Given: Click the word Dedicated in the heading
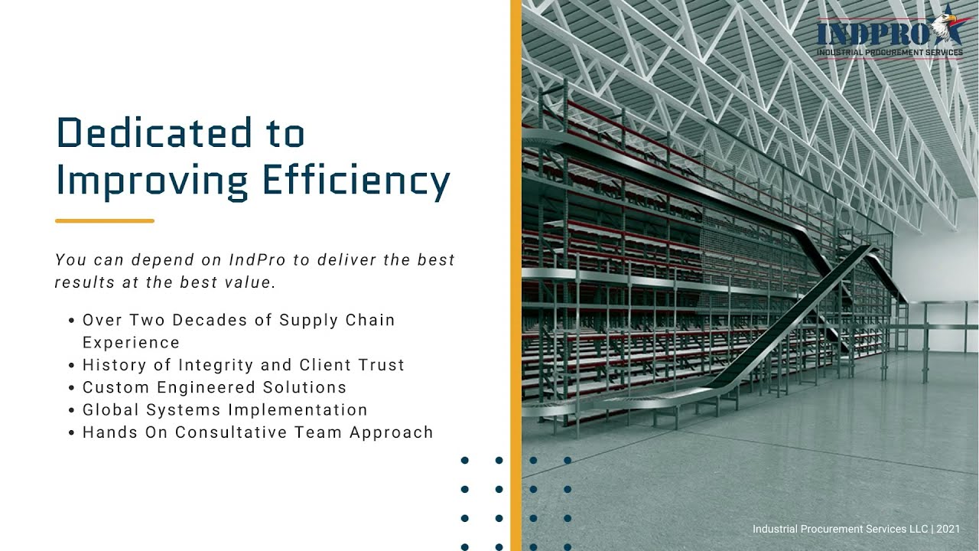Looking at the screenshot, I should [154, 133].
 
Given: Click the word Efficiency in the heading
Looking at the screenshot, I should [356, 181].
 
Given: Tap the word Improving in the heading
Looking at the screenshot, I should [152, 181].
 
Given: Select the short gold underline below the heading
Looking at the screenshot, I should [105, 221].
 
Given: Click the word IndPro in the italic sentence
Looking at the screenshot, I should [258, 260].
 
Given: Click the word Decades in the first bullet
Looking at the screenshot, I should [212, 320].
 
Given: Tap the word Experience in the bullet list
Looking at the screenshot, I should [131, 343].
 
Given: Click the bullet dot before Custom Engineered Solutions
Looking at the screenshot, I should [72, 388].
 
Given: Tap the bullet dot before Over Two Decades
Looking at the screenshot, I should [72, 321].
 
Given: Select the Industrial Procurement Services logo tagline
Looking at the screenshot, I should [890, 53].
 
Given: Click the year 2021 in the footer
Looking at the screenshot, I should [948, 529].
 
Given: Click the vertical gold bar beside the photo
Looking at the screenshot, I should [516, 275].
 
